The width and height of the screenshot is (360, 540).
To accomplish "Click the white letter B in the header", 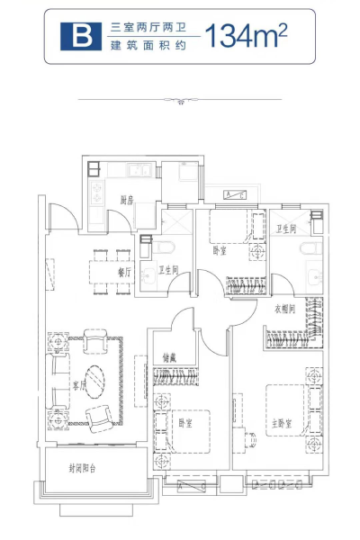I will click(x=80, y=37).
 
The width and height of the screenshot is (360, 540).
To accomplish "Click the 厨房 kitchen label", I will click(x=129, y=201).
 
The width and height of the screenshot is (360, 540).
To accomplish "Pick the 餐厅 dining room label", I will click(x=124, y=271).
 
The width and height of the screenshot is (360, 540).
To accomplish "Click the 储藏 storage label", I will click(x=169, y=357).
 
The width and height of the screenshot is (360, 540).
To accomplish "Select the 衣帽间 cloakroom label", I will click(x=286, y=308).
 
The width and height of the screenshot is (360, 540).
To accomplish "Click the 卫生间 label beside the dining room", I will click(x=168, y=270).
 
